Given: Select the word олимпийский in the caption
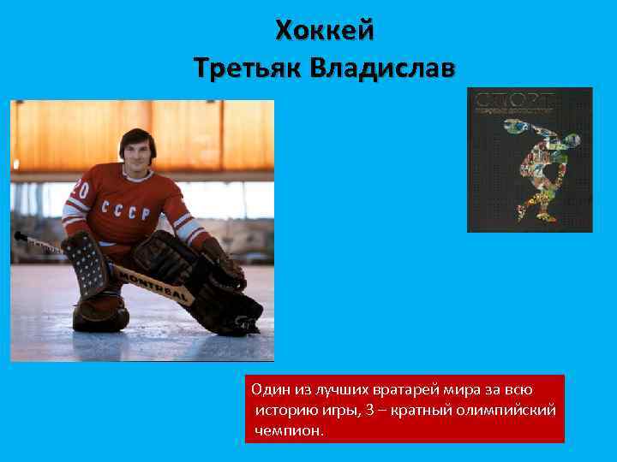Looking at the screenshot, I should pyautogui.click(x=514, y=411).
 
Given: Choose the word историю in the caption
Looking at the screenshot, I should pyautogui.click(x=285, y=411).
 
